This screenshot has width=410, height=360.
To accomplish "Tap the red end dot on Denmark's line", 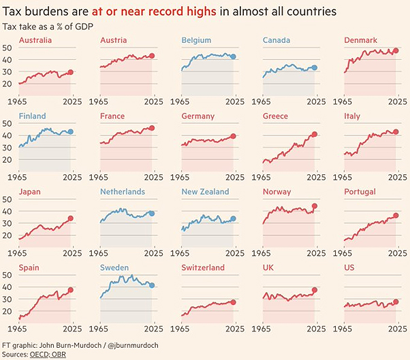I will click(396, 51).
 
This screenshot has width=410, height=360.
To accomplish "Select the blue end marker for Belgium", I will click(233, 56).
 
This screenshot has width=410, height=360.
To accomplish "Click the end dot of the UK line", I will click(315, 290).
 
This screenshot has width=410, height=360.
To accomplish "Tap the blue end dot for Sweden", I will click(151, 285).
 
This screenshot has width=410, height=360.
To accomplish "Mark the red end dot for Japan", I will click(70, 219).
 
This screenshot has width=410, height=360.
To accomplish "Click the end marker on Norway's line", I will click(315, 206).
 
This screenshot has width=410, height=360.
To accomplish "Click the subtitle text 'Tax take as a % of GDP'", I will click(48, 26).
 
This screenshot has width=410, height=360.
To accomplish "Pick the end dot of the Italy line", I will click(396, 132).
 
